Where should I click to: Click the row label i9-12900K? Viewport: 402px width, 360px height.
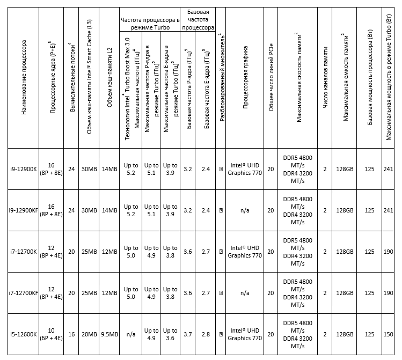(23, 169)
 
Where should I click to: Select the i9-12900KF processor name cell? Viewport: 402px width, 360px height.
(23, 211)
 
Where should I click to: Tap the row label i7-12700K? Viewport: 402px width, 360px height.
(23, 252)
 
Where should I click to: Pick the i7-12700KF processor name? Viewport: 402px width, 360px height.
(23, 293)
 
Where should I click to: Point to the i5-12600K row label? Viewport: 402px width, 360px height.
(23, 334)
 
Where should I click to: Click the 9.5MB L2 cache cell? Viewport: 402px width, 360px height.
(109, 334)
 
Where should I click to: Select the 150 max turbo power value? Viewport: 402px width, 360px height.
(389, 334)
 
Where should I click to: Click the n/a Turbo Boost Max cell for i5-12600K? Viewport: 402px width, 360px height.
(131, 334)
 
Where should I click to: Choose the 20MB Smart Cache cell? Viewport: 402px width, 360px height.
(89, 334)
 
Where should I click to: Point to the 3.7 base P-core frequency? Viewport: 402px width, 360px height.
(187, 334)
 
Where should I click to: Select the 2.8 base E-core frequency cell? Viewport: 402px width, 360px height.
(206, 334)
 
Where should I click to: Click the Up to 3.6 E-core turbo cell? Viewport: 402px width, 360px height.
(170, 334)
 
